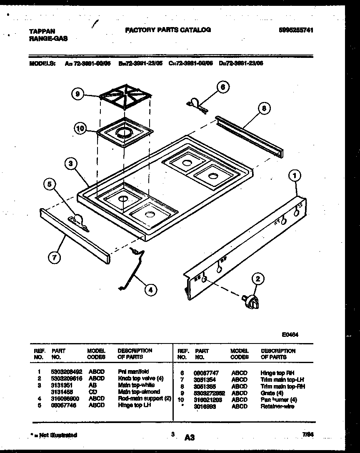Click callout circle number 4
149,290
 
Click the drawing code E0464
290,334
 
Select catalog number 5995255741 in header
296,30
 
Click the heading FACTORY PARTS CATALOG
168,30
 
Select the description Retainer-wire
277,406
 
